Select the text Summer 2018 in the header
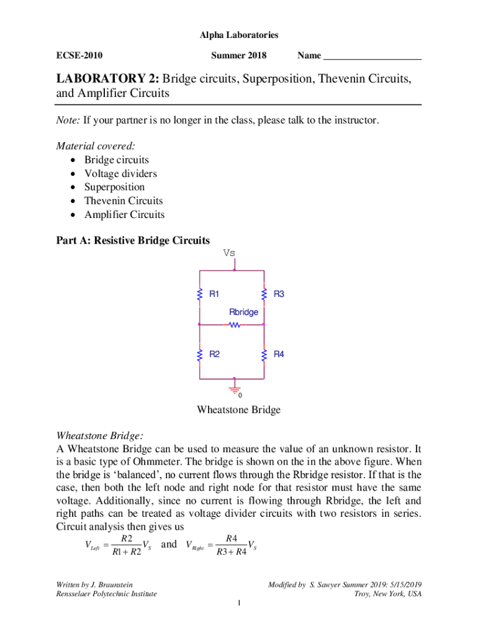click(238, 56)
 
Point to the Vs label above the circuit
click(229, 253)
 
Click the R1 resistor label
click(214, 294)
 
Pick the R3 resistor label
click(279, 294)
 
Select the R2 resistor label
click(214, 355)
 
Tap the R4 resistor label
click(279, 355)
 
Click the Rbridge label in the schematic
click(243, 312)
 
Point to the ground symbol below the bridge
click(235, 388)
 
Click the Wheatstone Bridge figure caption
click(238, 410)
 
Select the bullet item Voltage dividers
click(120, 174)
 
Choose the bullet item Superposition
click(114, 188)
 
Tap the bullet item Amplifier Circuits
click(124, 215)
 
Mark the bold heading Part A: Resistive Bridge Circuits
click(133, 240)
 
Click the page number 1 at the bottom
click(238, 604)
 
